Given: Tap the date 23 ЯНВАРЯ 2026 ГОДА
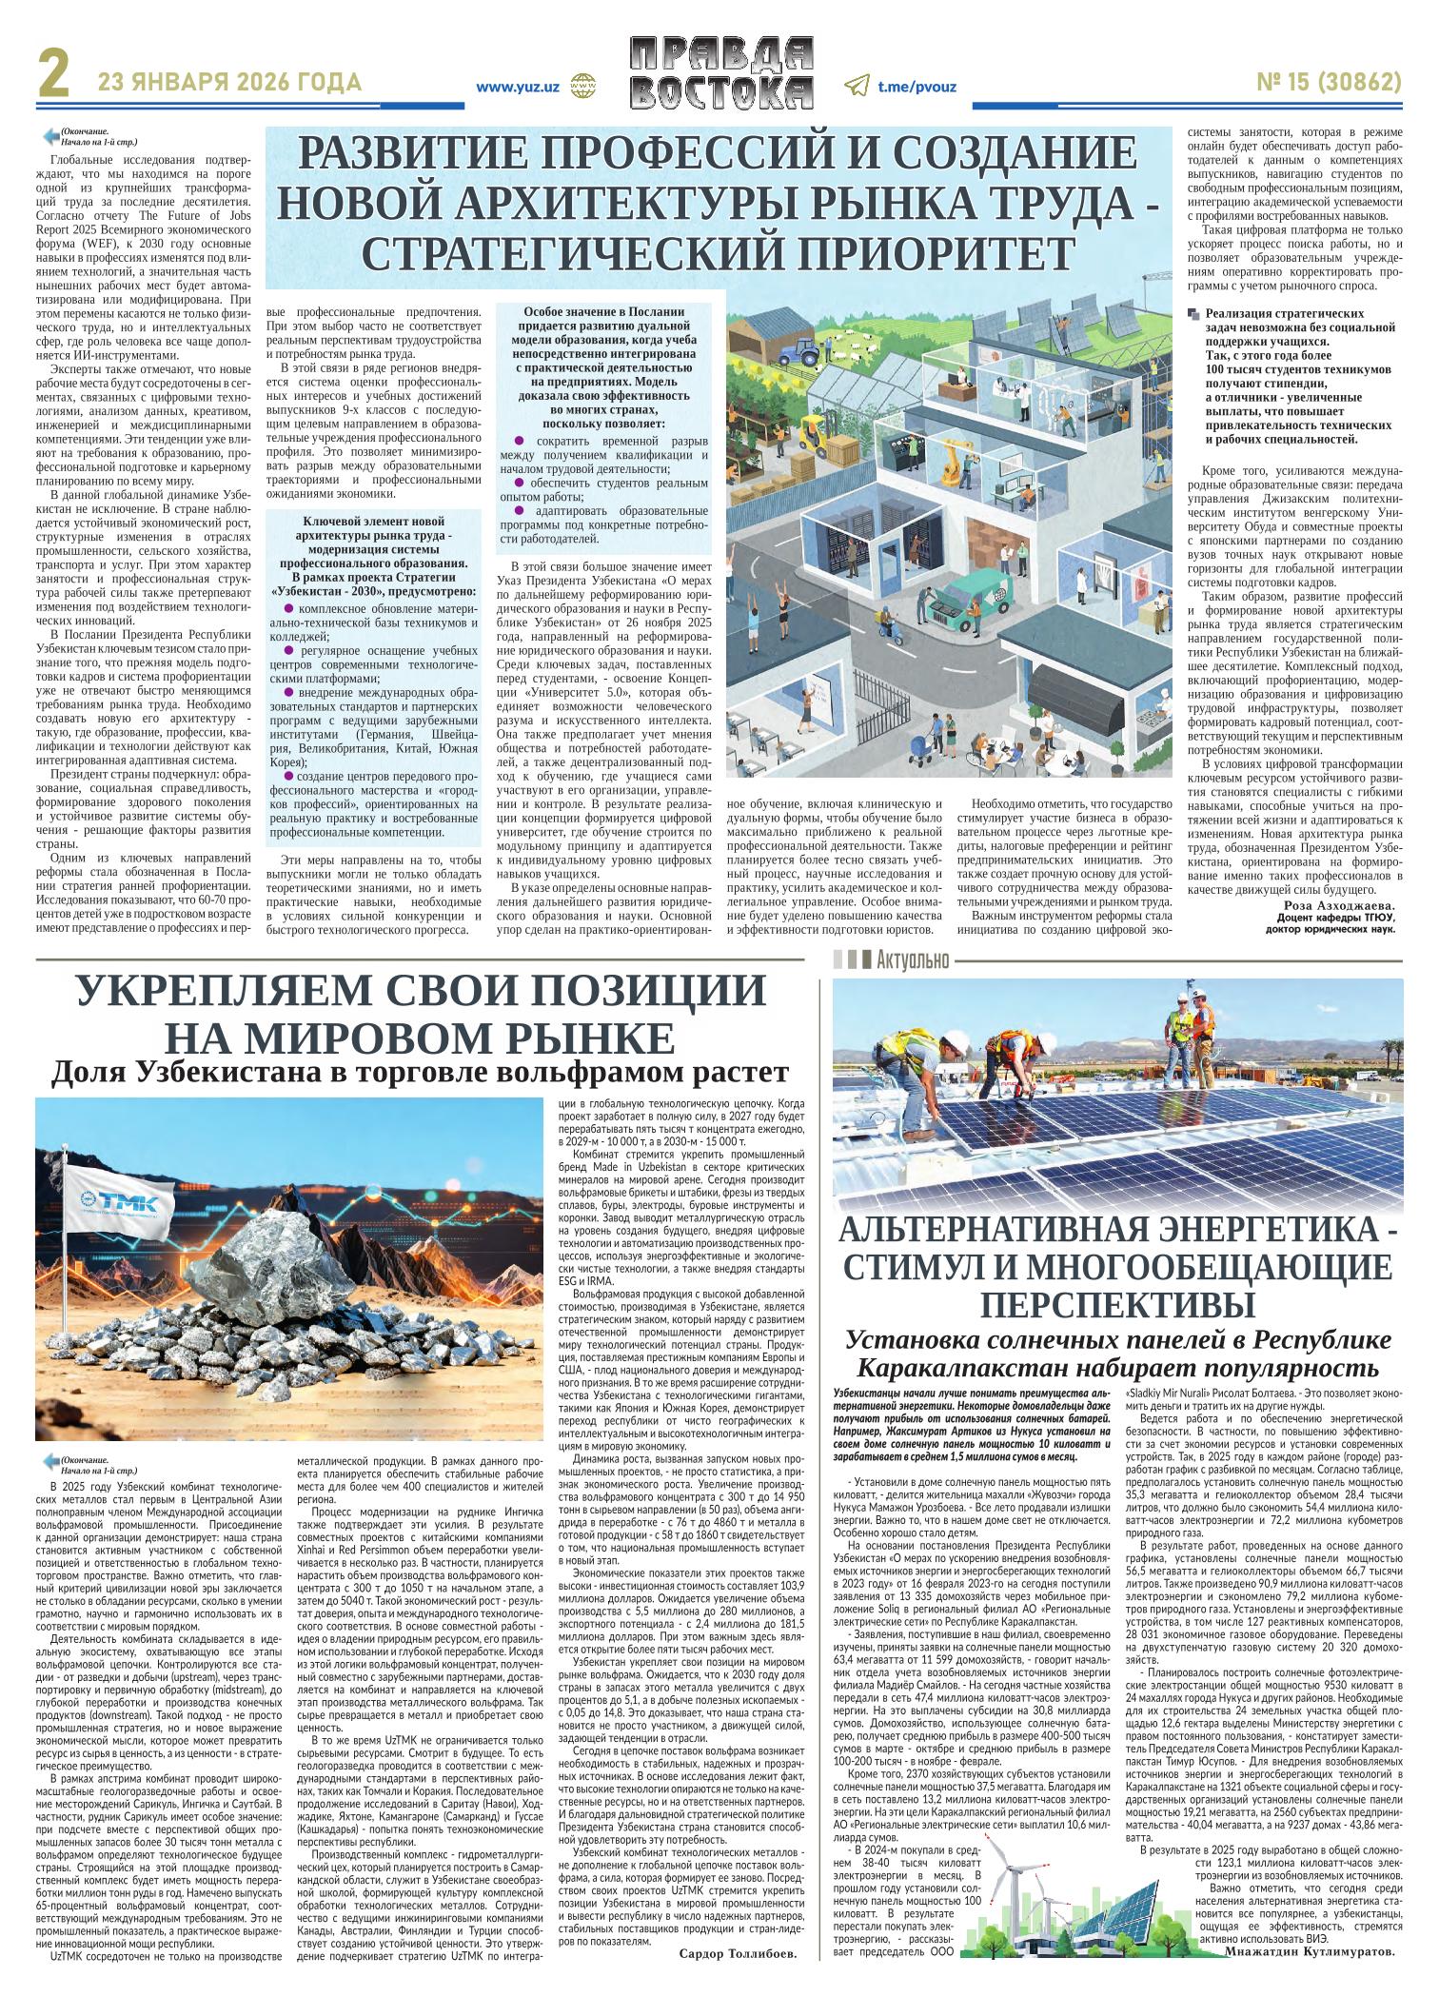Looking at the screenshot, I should point(229,83).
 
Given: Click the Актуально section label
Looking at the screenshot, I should point(913,959).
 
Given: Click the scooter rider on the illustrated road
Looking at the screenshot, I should point(884,629).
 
